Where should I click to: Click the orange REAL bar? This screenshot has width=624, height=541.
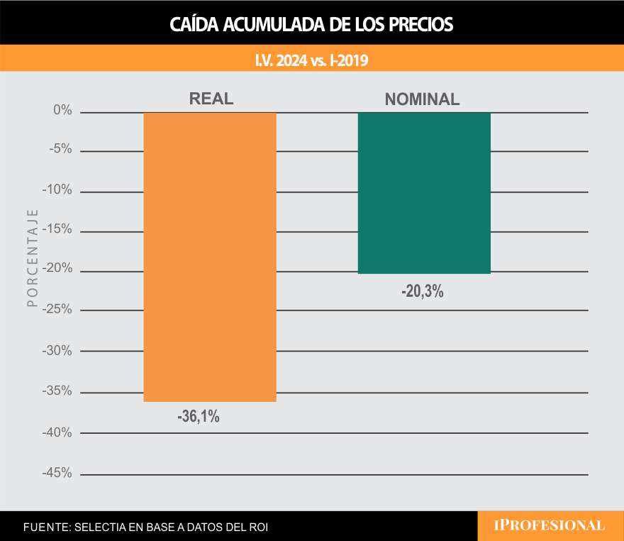[210, 257]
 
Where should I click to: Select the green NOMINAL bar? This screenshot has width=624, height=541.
[424, 193]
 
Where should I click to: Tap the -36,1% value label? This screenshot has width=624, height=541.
[199, 417]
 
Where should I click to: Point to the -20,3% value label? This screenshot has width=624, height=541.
[422, 291]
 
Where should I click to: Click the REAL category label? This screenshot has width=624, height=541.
[211, 99]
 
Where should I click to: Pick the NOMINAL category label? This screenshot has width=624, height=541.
[422, 99]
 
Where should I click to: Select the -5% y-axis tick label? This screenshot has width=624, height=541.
[60, 151]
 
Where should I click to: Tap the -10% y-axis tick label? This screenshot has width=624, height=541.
[57, 190]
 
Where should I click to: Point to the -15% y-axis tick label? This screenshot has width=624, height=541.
[57, 230]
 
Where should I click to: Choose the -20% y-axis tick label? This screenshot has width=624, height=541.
[57, 270]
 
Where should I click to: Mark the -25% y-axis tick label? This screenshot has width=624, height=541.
[57, 310]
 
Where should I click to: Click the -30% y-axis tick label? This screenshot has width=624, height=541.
[57, 351]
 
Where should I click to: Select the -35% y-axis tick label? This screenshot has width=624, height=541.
[57, 391]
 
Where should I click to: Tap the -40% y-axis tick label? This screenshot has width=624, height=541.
[57, 432]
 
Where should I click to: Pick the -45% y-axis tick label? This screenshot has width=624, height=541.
[57, 473]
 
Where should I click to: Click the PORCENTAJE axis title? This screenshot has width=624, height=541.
[32, 258]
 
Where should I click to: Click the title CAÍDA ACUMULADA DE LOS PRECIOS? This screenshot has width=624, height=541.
[311, 24]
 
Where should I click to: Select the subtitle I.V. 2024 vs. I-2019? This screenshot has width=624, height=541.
[311, 61]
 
